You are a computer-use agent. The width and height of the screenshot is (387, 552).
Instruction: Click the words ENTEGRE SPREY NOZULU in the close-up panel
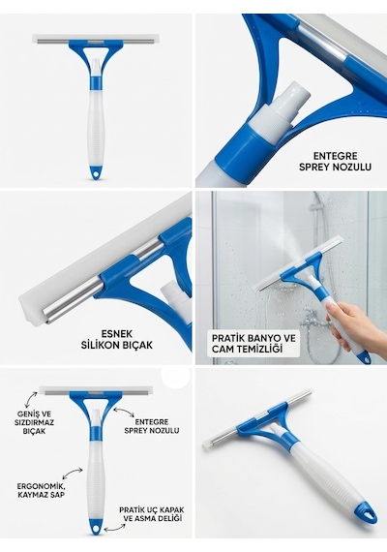[335, 161]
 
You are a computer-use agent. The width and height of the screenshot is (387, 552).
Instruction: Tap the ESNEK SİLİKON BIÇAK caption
[117, 339]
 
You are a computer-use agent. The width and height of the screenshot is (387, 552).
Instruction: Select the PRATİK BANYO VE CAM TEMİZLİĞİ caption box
[253, 344]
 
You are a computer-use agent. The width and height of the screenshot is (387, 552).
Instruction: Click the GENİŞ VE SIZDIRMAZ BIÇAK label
[34, 421]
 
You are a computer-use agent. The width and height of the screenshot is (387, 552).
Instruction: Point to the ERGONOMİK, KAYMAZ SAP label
[41, 490]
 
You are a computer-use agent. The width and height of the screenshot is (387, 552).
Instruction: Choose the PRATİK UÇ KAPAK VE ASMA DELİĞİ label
[151, 514]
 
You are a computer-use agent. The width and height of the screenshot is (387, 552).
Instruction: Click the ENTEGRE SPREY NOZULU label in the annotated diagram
[152, 426]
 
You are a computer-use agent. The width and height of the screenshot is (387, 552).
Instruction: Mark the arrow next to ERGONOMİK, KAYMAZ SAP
[72, 473]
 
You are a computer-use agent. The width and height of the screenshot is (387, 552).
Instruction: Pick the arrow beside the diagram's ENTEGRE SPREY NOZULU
[123, 412]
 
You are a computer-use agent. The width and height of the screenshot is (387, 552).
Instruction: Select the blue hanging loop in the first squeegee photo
[96, 172]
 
